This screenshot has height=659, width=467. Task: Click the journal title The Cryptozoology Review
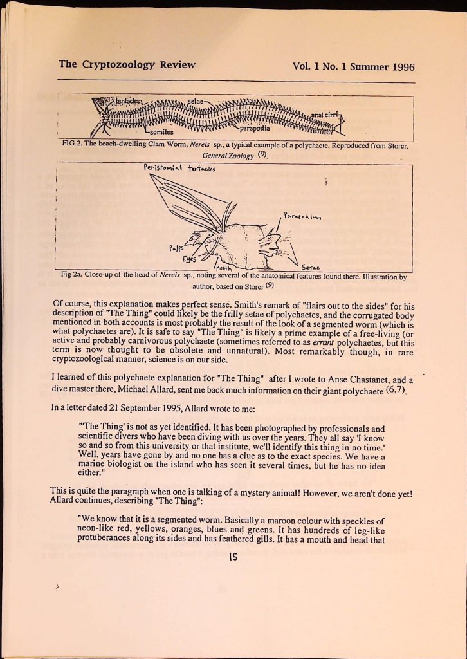127,64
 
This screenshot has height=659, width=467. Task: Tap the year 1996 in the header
401,66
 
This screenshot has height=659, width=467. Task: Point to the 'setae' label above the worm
195,102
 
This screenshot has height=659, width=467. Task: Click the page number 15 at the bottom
233,559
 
